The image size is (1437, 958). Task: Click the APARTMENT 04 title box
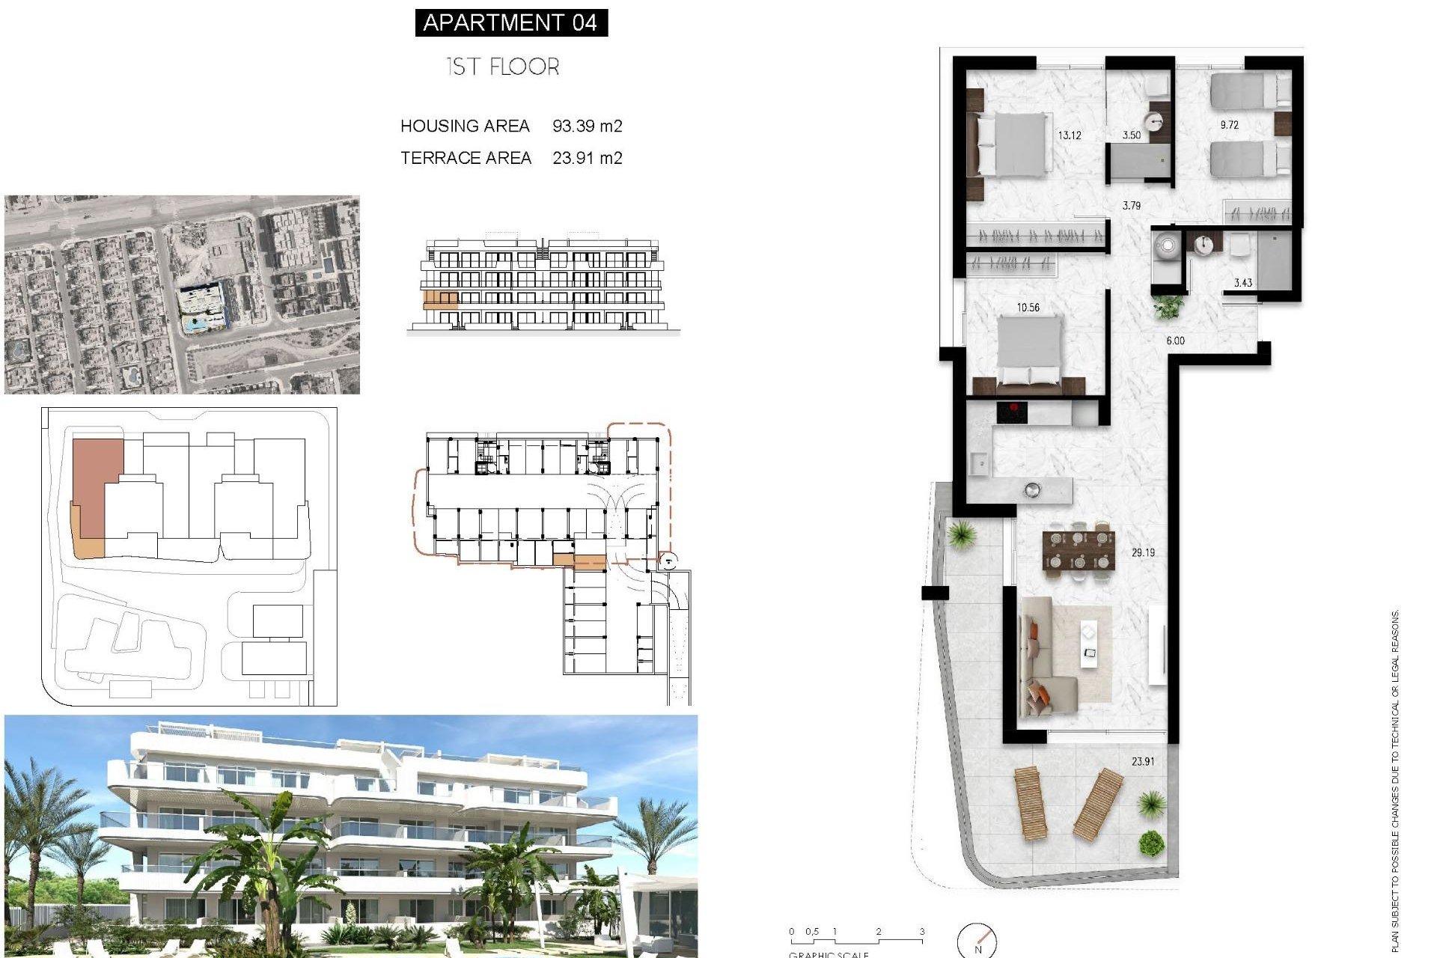click(x=511, y=23)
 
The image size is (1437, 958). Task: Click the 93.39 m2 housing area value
click(x=587, y=126)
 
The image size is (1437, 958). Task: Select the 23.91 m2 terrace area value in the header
click(x=587, y=158)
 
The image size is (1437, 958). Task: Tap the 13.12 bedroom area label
click(x=1069, y=135)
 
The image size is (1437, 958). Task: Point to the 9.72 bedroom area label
click(x=1229, y=125)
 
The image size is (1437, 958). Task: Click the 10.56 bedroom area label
click(x=1028, y=308)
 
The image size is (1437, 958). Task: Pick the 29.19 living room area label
click(x=1143, y=552)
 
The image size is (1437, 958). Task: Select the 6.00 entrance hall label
click(x=1175, y=341)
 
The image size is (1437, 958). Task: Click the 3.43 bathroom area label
click(x=1242, y=283)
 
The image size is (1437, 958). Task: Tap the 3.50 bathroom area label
click(x=1132, y=135)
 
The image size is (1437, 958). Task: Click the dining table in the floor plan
click(x=1078, y=550)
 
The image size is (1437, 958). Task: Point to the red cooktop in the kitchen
click(x=1012, y=411)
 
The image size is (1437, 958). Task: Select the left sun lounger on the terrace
click(x=1031, y=804)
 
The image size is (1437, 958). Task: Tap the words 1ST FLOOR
click(x=503, y=67)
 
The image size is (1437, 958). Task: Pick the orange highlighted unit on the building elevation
click(x=440, y=301)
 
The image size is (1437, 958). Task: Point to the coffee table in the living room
click(x=1089, y=644)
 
